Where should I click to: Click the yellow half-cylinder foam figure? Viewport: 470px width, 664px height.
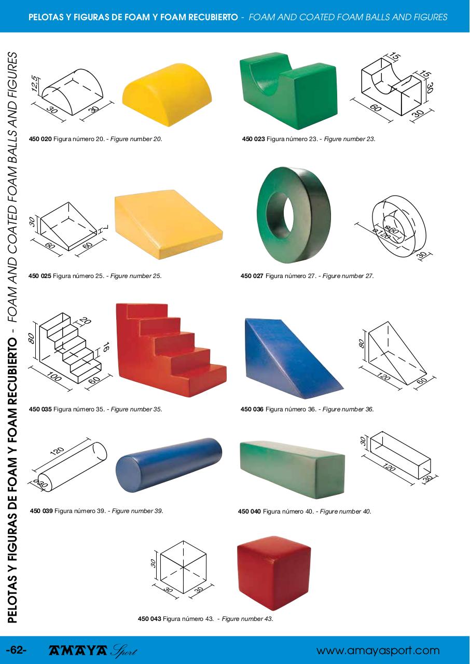point(168,94)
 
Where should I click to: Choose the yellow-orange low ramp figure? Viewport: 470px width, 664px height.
point(168,225)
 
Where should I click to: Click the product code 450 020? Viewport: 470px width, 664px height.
point(40,139)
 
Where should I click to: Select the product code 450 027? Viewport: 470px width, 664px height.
point(252,276)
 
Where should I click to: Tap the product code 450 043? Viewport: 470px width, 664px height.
point(149,619)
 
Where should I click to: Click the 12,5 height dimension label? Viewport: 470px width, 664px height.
point(34,84)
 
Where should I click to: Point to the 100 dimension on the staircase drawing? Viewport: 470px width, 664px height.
point(53,377)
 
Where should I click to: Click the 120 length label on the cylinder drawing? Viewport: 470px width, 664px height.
point(57,451)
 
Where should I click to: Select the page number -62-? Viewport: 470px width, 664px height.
point(16,650)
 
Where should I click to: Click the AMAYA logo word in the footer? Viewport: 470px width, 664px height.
point(78,651)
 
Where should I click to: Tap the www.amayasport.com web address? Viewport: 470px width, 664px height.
point(378,651)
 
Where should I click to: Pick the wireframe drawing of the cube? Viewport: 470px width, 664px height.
point(183,567)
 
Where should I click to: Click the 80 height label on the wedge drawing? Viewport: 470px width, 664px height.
point(361,343)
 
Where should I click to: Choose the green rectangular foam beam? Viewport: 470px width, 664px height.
point(292,469)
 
